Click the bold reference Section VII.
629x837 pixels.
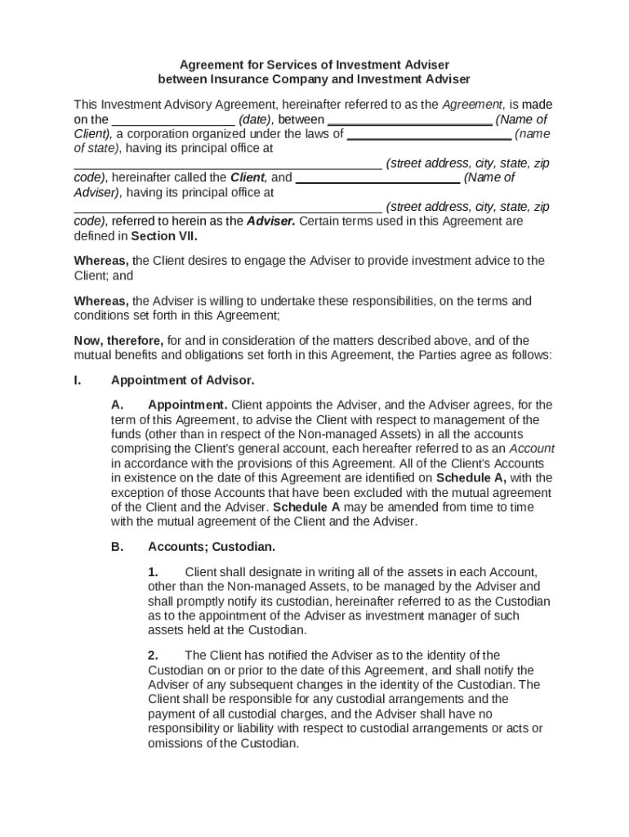point(158,236)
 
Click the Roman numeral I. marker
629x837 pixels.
point(77,380)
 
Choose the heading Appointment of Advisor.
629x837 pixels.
point(182,380)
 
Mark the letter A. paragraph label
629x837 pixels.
point(117,405)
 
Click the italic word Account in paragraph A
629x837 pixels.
point(532,449)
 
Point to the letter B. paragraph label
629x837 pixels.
point(117,546)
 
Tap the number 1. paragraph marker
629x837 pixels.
point(153,572)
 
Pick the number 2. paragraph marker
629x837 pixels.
point(153,656)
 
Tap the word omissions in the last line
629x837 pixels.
point(176,744)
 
